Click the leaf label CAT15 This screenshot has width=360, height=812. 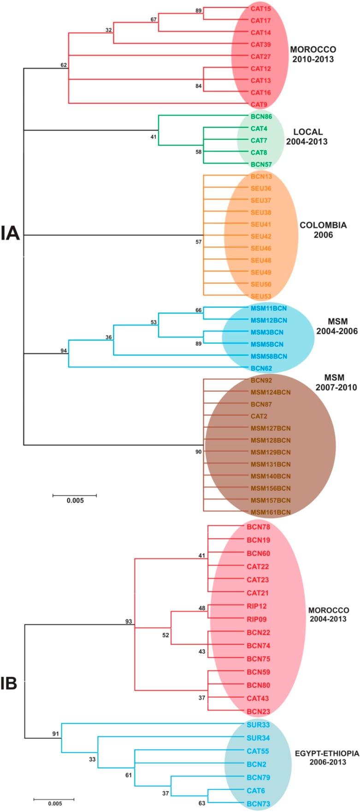(x=260, y=9)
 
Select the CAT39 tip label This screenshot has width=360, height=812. (x=260, y=45)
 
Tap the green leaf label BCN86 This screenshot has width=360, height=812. (x=260, y=117)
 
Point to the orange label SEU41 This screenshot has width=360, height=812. (x=260, y=224)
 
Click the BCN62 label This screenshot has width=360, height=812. (x=260, y=368)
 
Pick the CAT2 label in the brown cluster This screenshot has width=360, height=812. (x=259, y=416)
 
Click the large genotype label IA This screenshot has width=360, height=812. (x=10, y=233)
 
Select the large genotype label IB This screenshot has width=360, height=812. (x=9, y=683)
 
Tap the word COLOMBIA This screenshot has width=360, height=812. (x=323, y=225)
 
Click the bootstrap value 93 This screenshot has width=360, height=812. (x=129, y=622)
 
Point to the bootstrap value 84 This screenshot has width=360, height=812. (x=199, y=86)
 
